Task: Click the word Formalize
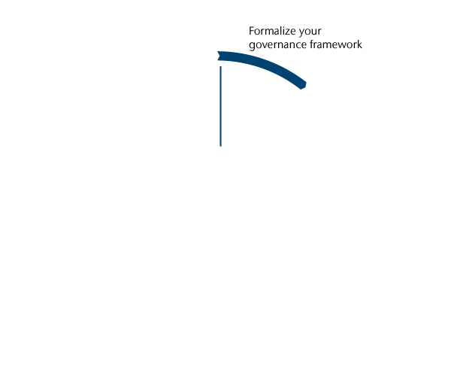271,32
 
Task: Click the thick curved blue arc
263,64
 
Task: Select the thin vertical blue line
220,105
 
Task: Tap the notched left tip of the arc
219,56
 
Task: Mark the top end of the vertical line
220,67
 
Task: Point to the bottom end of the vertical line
220,145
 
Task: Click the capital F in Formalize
252,32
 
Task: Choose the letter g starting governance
252,46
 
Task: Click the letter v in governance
264,45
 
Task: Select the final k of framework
360,44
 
